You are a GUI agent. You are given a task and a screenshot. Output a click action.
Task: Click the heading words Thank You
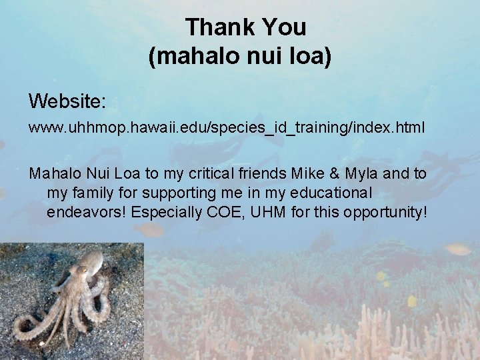(x=245, y=27)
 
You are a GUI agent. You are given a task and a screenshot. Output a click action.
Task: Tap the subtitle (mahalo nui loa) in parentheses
(x=239, y=57)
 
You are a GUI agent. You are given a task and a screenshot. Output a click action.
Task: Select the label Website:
(x=67, y=101)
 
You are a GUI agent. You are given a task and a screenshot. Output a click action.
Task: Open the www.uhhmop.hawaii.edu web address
(x=226, y=127)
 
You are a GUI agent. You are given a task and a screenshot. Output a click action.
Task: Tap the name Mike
(x=306, y=173)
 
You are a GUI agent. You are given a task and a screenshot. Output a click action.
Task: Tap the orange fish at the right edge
(x=458, y=249)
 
